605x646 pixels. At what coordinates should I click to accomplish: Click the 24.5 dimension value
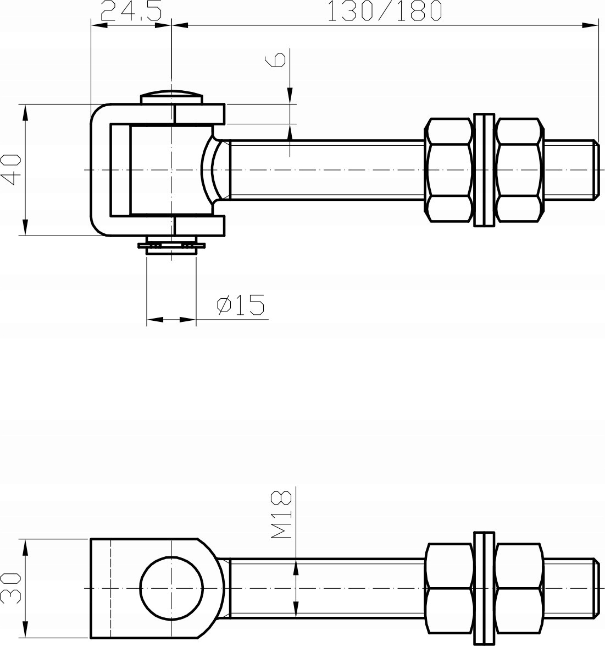[131, 11]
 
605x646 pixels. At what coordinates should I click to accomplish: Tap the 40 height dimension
[11, 169]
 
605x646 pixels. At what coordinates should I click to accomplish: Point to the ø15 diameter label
[241, 305]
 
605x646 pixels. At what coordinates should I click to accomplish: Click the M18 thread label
[281, 514]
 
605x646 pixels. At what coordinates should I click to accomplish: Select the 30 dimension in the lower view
[10, 588]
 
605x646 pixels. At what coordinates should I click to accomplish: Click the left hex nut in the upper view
[449, 169]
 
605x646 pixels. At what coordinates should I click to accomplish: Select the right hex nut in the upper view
[519, 169]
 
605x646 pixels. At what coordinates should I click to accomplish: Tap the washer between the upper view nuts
[484, 169]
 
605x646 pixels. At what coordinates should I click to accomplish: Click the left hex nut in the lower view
[449, 588]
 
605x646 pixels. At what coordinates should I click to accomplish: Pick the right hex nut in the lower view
[519, 588]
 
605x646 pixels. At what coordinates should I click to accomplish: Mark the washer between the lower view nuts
[484, 588]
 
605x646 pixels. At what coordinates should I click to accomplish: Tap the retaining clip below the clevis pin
[171, 245]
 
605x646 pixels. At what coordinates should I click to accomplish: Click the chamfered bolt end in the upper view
[595, 169]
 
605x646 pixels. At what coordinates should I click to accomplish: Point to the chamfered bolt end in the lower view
[595, 588]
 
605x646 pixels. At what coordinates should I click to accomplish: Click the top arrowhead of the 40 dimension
[25, 110]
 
